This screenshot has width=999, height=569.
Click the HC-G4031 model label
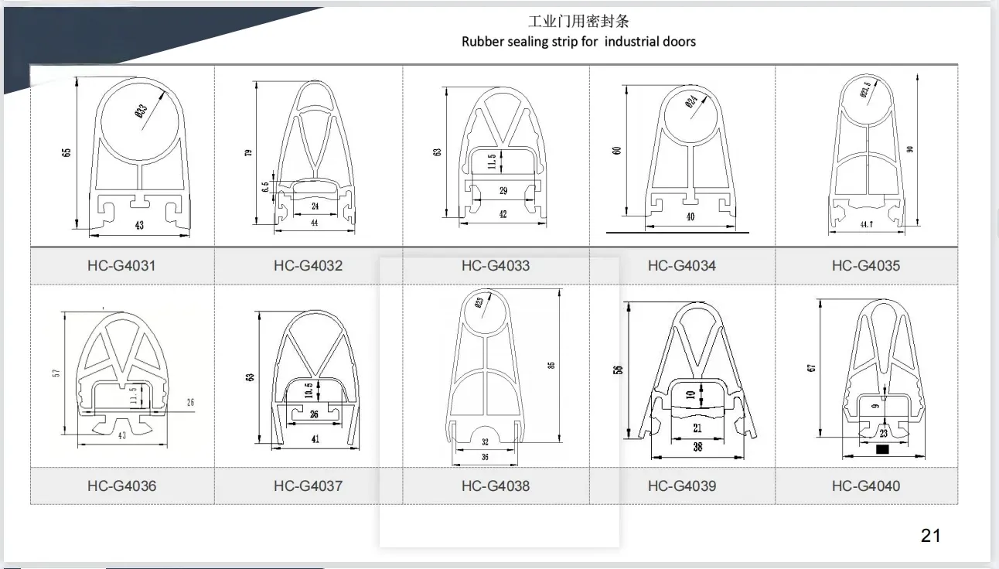click(121, 265)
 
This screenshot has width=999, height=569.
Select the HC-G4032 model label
click(308, 265)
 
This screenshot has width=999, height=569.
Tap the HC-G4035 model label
click(866, 265)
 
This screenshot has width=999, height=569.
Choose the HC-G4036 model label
click(121, 486)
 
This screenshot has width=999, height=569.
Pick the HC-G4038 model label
click(496, 486)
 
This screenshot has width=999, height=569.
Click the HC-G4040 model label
click(866, 486)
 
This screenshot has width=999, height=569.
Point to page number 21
click(931, 535)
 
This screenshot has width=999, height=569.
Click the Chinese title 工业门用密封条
click(578, 21)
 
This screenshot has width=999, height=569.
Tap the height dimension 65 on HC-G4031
click(66, 153)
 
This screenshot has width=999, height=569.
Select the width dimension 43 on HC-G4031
click(139, 225)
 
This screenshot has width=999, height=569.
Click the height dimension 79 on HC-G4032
click(248, 152)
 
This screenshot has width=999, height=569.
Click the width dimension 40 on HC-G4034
click(690, 216)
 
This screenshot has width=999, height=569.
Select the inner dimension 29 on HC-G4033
click(503, 190)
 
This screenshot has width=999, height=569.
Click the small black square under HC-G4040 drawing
click(882, 448)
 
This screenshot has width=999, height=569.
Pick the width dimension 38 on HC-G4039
click(697, 447)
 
